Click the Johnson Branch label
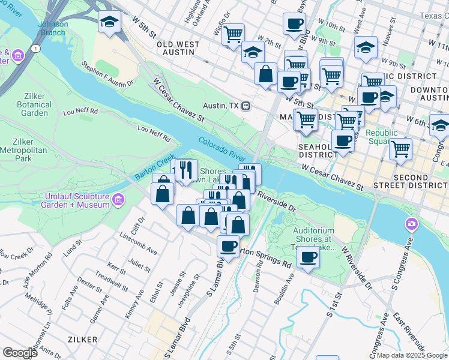53,28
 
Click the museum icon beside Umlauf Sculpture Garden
118,199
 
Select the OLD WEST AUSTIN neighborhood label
175,48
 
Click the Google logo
20,352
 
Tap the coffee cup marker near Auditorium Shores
309,257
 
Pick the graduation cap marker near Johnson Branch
109,22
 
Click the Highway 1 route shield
37,47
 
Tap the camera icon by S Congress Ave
411,224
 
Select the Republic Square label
382,137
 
